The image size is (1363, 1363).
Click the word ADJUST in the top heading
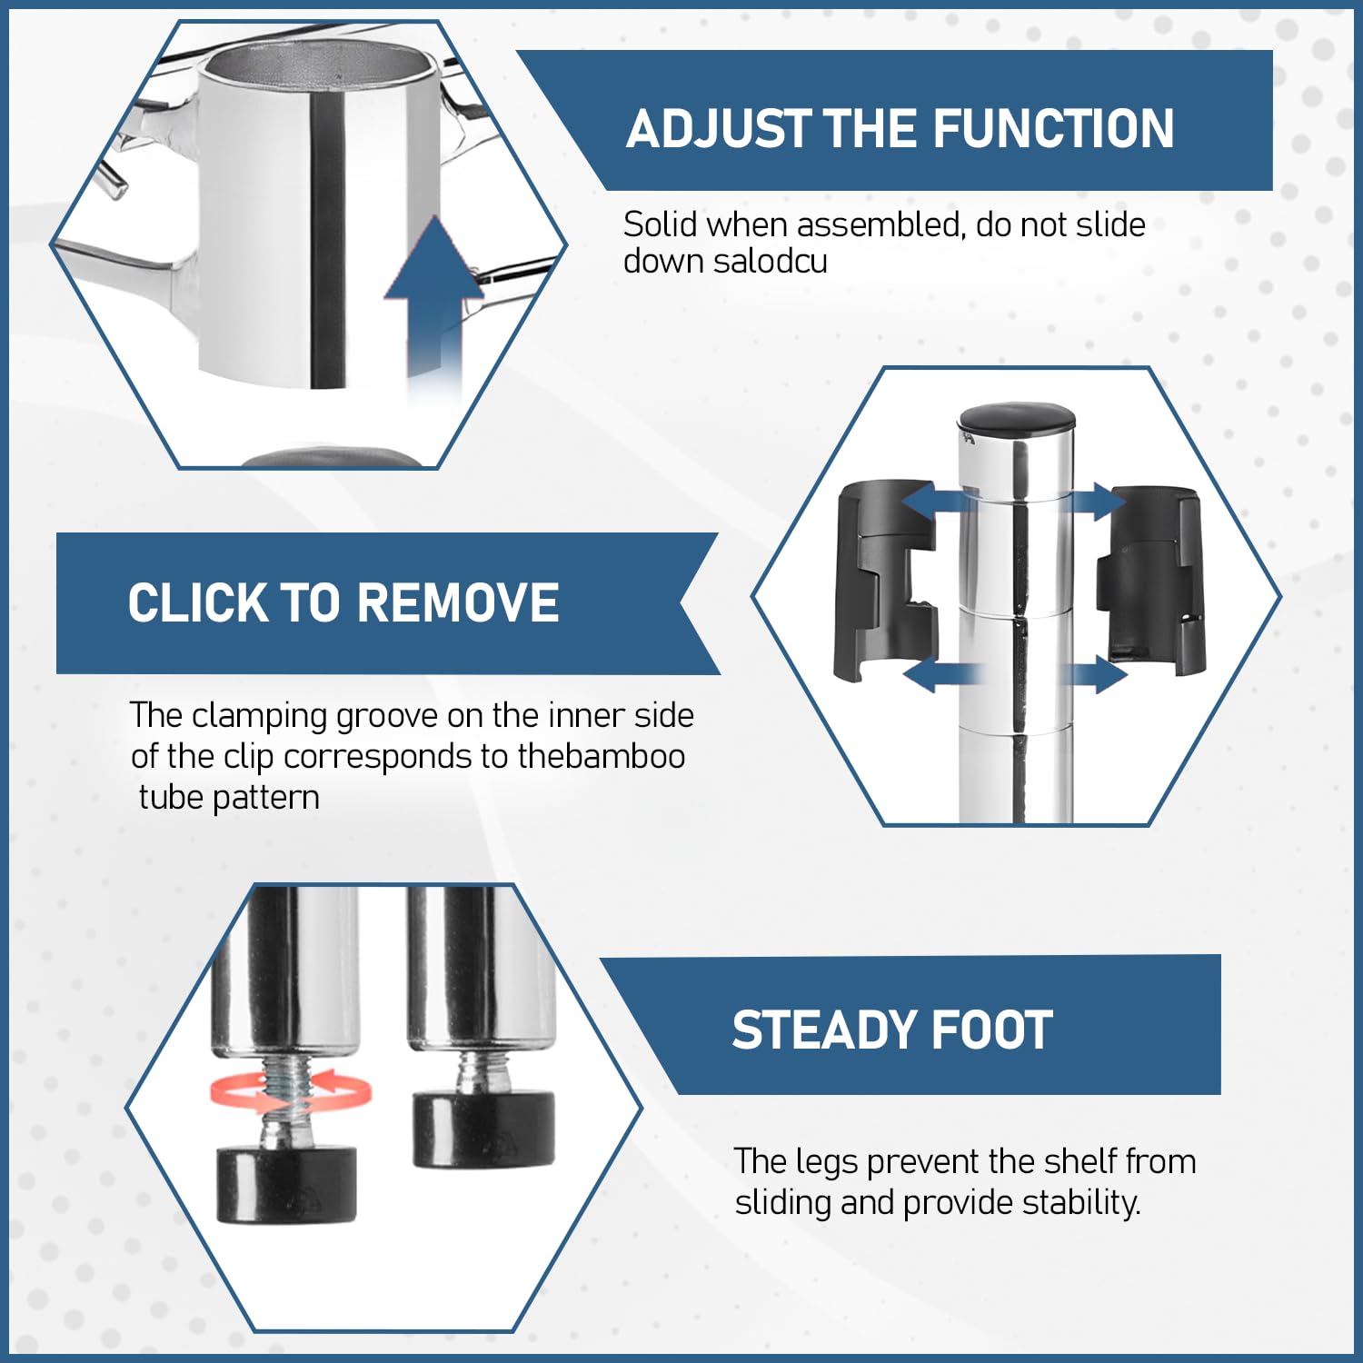(718, 128)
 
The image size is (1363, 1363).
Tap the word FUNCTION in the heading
(1053, 128)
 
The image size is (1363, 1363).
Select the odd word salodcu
(770, 262)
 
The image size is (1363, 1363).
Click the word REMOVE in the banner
(458, 602)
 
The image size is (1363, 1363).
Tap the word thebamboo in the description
(602, 756)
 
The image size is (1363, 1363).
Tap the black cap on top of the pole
(1018, 418)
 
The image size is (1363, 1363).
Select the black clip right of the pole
(1150, 581)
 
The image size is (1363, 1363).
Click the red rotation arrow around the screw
(290, 1090)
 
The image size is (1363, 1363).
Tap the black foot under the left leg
(286, 1184)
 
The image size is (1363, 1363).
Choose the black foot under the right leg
(483, 1129)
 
